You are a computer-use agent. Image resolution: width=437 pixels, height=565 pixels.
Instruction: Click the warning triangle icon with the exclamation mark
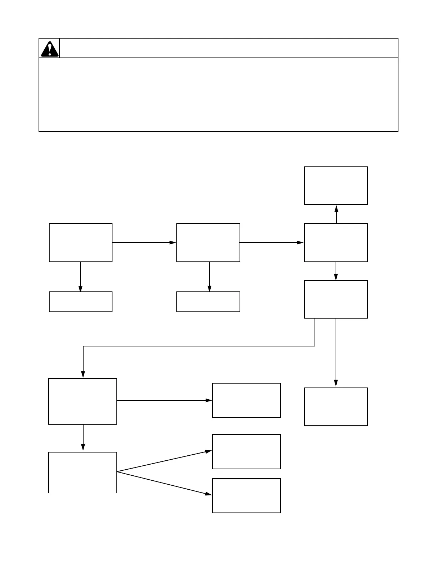pyautogui.click(x=50, y=49)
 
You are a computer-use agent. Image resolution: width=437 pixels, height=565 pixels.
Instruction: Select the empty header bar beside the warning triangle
pyautogui.click(x=228, y=48)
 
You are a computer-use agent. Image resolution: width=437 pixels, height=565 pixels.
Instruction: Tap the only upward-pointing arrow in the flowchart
pyautogui.click(x=336, y=214)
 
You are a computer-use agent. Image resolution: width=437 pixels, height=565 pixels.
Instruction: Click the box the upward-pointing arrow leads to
pyautogui.click(x=336, y=186)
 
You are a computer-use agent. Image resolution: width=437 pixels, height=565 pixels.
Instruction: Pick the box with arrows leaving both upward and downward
pyautogui.click(x=336, y=242)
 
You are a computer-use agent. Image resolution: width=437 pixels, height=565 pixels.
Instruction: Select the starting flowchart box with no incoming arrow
pyautogui.click(x=81, y=242)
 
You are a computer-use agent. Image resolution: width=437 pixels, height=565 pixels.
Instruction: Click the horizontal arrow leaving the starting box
pyautogui.click(x=144, y=242)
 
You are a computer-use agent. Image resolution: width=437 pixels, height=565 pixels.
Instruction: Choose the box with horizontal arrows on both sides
pyautogui.click(x=208, y=242)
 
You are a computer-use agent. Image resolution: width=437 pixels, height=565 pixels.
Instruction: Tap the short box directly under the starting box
pyautogui.click(x=81, y=302)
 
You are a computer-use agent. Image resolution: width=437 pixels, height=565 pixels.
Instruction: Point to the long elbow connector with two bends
pyautogui.click(x=199, y=346)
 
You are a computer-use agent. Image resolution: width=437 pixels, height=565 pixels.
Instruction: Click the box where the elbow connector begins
pyautogui.click(x=336, y=299)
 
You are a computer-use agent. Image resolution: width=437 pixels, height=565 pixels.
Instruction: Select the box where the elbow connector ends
pyautogui.click(x=82, y=401)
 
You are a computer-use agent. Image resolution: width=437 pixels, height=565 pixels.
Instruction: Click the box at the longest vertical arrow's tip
pyautogui.click(x=336, y=407)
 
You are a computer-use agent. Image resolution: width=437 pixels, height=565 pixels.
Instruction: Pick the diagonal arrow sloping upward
pyautogui.click(x=164, y=461)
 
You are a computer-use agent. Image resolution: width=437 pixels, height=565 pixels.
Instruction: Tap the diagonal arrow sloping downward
pyautogui.click(x=164, y=483)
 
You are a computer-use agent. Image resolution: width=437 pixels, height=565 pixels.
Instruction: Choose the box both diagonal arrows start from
pyautogui.click(x=82, y=472)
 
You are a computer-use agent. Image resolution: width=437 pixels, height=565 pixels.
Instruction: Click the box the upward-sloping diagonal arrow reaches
pyautogui.click(x=246, y=452)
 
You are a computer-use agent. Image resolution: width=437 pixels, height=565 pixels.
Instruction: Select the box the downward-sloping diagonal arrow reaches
pyautogui.click(x=246, y=496)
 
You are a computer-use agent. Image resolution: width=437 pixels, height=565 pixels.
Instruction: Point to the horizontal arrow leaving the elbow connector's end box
pyautogui.click(x=164, y=400)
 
